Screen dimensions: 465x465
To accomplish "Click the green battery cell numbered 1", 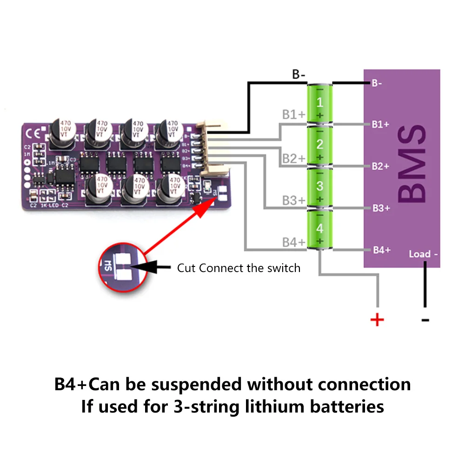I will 319,103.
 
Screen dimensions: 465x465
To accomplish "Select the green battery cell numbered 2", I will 319,145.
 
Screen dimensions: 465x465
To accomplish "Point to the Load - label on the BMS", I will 423,254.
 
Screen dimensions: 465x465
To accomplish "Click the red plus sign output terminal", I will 377,320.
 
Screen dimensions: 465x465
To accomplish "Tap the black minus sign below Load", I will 425,320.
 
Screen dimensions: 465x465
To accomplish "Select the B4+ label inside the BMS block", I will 381,250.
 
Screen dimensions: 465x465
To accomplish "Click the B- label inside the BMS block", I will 377,84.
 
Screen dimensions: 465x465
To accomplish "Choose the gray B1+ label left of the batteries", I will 293,115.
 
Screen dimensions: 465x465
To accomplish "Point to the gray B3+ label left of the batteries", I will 293,200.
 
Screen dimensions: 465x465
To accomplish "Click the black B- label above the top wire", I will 299,74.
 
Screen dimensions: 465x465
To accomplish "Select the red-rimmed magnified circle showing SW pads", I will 122,267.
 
